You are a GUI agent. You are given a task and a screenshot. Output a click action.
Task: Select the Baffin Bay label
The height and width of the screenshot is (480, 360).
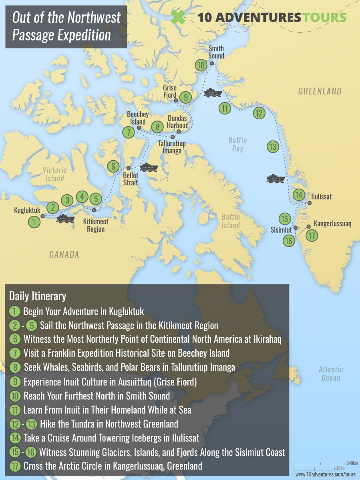point(237,145)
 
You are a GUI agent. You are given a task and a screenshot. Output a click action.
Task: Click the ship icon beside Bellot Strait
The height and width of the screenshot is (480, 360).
point(149,167)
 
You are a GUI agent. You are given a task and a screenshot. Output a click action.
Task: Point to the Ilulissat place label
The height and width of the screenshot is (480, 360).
point(322,197)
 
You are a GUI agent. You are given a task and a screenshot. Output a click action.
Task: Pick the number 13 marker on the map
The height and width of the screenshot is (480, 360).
point(273,147)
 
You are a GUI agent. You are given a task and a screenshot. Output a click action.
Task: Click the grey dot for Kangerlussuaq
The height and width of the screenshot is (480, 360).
point(308,227)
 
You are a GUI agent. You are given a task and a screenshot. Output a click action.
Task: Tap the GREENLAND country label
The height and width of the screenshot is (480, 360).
point(320,91)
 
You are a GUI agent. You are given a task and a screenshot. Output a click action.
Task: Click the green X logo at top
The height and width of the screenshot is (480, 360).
point(178,17)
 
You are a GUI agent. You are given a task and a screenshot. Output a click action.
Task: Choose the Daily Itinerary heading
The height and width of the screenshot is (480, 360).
point(38,296)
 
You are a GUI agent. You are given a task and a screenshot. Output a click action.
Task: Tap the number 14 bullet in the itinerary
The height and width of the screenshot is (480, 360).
point(15,438)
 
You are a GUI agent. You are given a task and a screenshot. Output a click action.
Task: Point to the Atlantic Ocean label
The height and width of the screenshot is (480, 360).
point(331,374)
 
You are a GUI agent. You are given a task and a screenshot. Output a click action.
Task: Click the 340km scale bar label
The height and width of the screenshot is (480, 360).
point(352,463)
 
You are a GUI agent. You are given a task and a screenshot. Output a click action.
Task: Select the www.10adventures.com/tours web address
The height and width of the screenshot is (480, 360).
point(325,474)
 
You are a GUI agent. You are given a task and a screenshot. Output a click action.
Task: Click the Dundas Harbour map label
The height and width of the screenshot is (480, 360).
point(177,122)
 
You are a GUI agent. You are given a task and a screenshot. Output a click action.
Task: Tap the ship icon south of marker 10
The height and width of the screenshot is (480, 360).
point(212,93)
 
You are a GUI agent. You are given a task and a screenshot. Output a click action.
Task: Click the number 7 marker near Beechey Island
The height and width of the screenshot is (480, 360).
point(128,133)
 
